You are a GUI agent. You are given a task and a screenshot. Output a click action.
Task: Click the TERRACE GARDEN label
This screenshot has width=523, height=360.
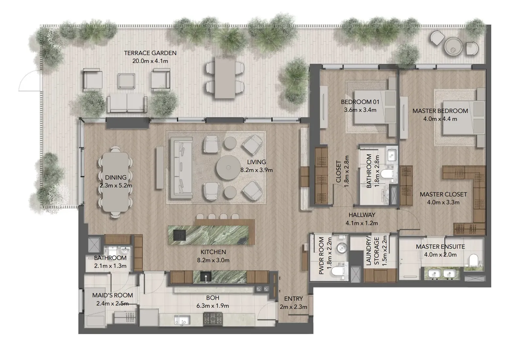pyautogui.click(x=150, y=53)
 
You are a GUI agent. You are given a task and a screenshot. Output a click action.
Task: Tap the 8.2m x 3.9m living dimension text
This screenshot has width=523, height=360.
pyautogui.click(x=256, y=170)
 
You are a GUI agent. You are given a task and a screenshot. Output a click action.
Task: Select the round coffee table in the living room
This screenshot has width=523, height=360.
pyautogui.click(x=228, y=168)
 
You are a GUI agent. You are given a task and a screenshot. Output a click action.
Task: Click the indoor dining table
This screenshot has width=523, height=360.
pyautogui.click(x=115, y=182)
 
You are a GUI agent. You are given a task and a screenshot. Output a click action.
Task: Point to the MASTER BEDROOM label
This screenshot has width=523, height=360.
pyautogui.click(x=440, y=111)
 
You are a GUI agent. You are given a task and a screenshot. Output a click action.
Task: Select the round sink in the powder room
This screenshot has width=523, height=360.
pyautogui.click(x=342, y=248)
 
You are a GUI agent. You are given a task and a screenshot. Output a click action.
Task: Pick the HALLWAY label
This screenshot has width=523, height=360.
pyautogui.click(x=362, y=215)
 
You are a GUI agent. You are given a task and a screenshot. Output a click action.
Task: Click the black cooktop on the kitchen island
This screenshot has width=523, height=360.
pyautogui.click(x=179, y=235)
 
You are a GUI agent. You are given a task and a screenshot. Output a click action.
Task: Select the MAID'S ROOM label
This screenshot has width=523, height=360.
pyautogui.click(x=112, y=295)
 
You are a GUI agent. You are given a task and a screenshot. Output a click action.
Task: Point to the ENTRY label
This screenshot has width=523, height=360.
pyautogui.click(x=294, y=299)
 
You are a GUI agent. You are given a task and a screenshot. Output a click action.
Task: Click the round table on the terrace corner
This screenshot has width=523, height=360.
pyautogui.click(x=453, y=46)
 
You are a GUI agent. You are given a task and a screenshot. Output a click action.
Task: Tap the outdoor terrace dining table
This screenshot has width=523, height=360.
pyautogui.click(x=225, y=77)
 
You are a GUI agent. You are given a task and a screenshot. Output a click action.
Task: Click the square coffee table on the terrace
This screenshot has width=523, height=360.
pyautogui.click(x=126, y=81)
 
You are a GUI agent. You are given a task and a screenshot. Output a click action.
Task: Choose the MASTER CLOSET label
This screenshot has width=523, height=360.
pyautogui.click(x=443, y=194)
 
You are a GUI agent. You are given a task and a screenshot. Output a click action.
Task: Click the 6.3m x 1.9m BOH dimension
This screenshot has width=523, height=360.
pyautogui.click(x=213, y=306)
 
